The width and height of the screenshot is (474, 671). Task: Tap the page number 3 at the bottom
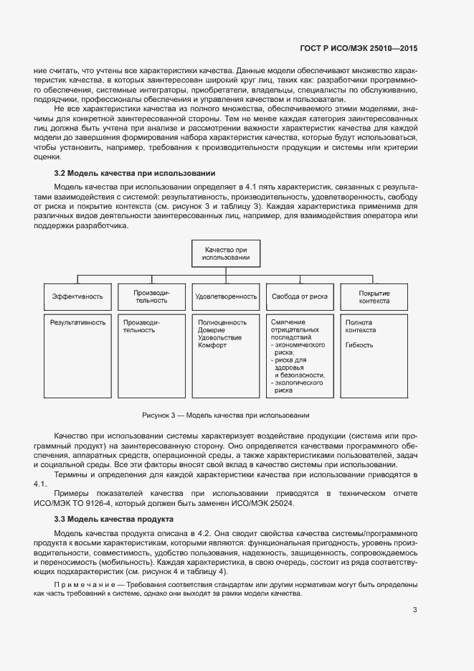[x=414, y=611]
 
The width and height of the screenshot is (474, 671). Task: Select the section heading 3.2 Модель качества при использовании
[x=135, y=174]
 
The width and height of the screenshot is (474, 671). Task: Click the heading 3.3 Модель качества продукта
[x=113, y=519]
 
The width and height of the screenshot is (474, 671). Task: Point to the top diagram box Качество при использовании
[x=225, y=253]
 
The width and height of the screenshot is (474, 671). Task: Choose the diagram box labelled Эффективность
[x=77, y=296]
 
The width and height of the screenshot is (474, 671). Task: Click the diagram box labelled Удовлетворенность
[x=225, y=296]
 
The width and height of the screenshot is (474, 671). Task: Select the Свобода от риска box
[x=299, y=296]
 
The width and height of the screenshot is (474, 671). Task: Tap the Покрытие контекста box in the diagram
[x=373, y=297]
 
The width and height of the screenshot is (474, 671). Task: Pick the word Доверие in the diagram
[x=211, y=330]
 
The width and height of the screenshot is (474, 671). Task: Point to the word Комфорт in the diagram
[x=212, y=345]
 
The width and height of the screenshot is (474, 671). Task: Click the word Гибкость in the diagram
[x=359, y=345]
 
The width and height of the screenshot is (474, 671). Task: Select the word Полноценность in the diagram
[x=222, y=323]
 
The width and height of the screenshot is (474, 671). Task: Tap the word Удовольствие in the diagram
[x=219, y=338]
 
